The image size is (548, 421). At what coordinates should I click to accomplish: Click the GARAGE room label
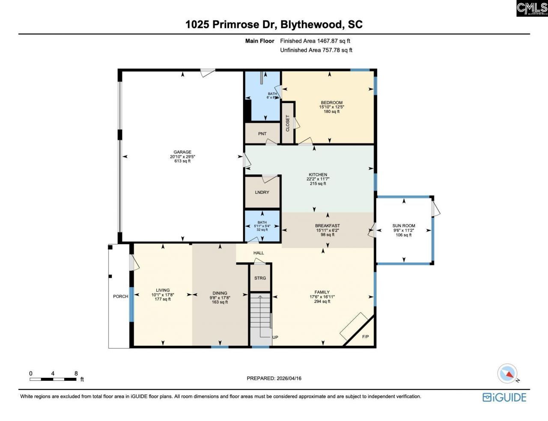pyautogui.click(x=182, y=152)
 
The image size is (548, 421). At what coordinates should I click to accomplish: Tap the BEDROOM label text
pyautogui.click(x=331, y=103)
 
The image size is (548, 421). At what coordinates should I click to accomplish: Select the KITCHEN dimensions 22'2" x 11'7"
pyautogui.click(x=318, y=179)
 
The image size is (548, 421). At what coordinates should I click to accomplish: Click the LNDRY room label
pyautogui.click(x=262, y=193)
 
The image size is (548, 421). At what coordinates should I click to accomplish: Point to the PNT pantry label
pyautogui.click(x=262, y=134)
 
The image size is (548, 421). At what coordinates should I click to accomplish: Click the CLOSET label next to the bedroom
pyautogui.click(x=288, y=123)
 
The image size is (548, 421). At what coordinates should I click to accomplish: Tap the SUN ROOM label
pyautogui.click(x=404, y=226)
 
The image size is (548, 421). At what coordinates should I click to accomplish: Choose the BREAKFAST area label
pyautogui.click(x=328, y=226)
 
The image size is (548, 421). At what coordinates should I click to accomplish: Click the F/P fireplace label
pyautogui.click(x=365, y=337)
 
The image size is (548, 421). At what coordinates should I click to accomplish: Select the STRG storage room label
pyautogui.click(x=260, y=278)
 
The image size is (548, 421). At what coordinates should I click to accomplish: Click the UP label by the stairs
pyautogui.click(x=275, y=337)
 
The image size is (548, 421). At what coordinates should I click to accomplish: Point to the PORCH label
pyautogui.click(x=120, y=296)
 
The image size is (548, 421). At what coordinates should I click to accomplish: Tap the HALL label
pyautogui.click(x=259, y=253)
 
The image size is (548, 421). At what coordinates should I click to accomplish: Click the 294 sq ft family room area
pyautogui.click(x=322, y=302)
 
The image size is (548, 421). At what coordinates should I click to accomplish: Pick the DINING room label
pyautogui.click(x=220, y=293)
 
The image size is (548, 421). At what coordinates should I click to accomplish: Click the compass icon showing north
pyautogui.click(x=508, y=374)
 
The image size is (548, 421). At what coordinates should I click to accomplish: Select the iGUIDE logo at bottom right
pyautogui.click(x=504, y=397)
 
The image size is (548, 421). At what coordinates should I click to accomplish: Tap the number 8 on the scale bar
pyautogui.click(x=76, y=374)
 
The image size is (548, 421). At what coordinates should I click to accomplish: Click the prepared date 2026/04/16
pyautogui.click(x=289, y=378)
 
